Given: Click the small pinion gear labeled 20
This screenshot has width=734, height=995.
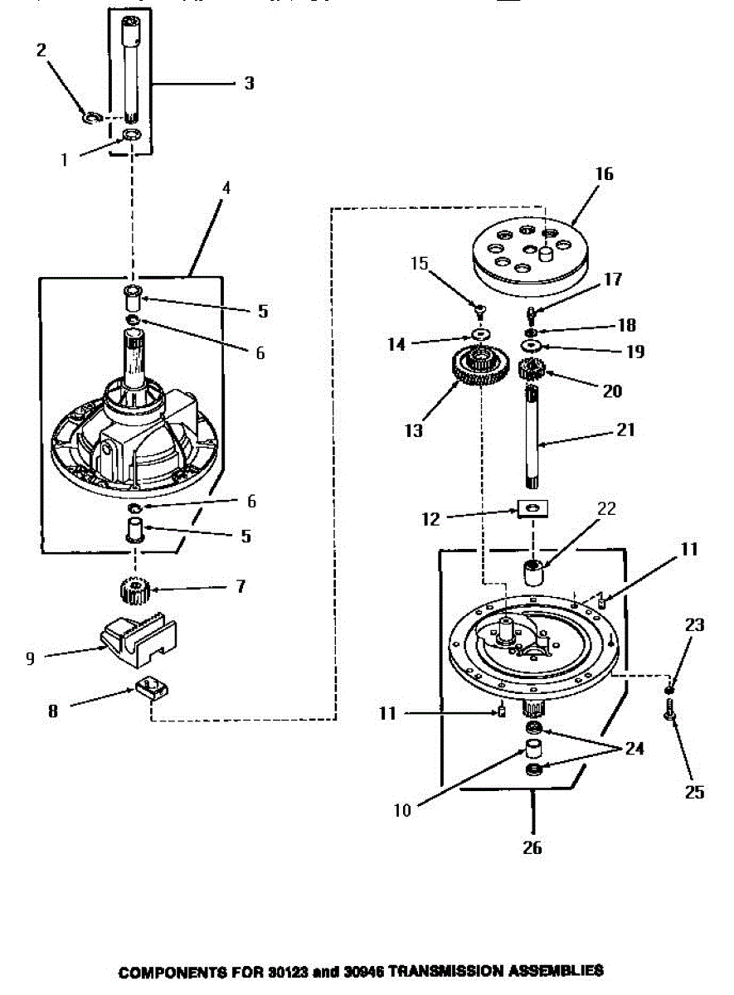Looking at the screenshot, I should [x=530, y=369].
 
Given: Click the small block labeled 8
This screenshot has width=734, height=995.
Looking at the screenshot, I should [x=150, y=687].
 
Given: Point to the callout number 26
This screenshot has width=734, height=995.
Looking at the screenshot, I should [x=532, y=848].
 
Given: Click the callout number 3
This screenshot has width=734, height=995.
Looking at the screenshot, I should [x=248, y=83].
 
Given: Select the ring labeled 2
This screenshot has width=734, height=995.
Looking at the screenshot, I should [x=90, y=117].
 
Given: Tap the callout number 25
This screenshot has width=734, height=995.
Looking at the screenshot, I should [x=695, y=793].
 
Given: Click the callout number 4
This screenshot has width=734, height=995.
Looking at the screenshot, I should [x=226, y=188].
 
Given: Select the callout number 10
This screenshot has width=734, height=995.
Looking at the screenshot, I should [x=401, y=810].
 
